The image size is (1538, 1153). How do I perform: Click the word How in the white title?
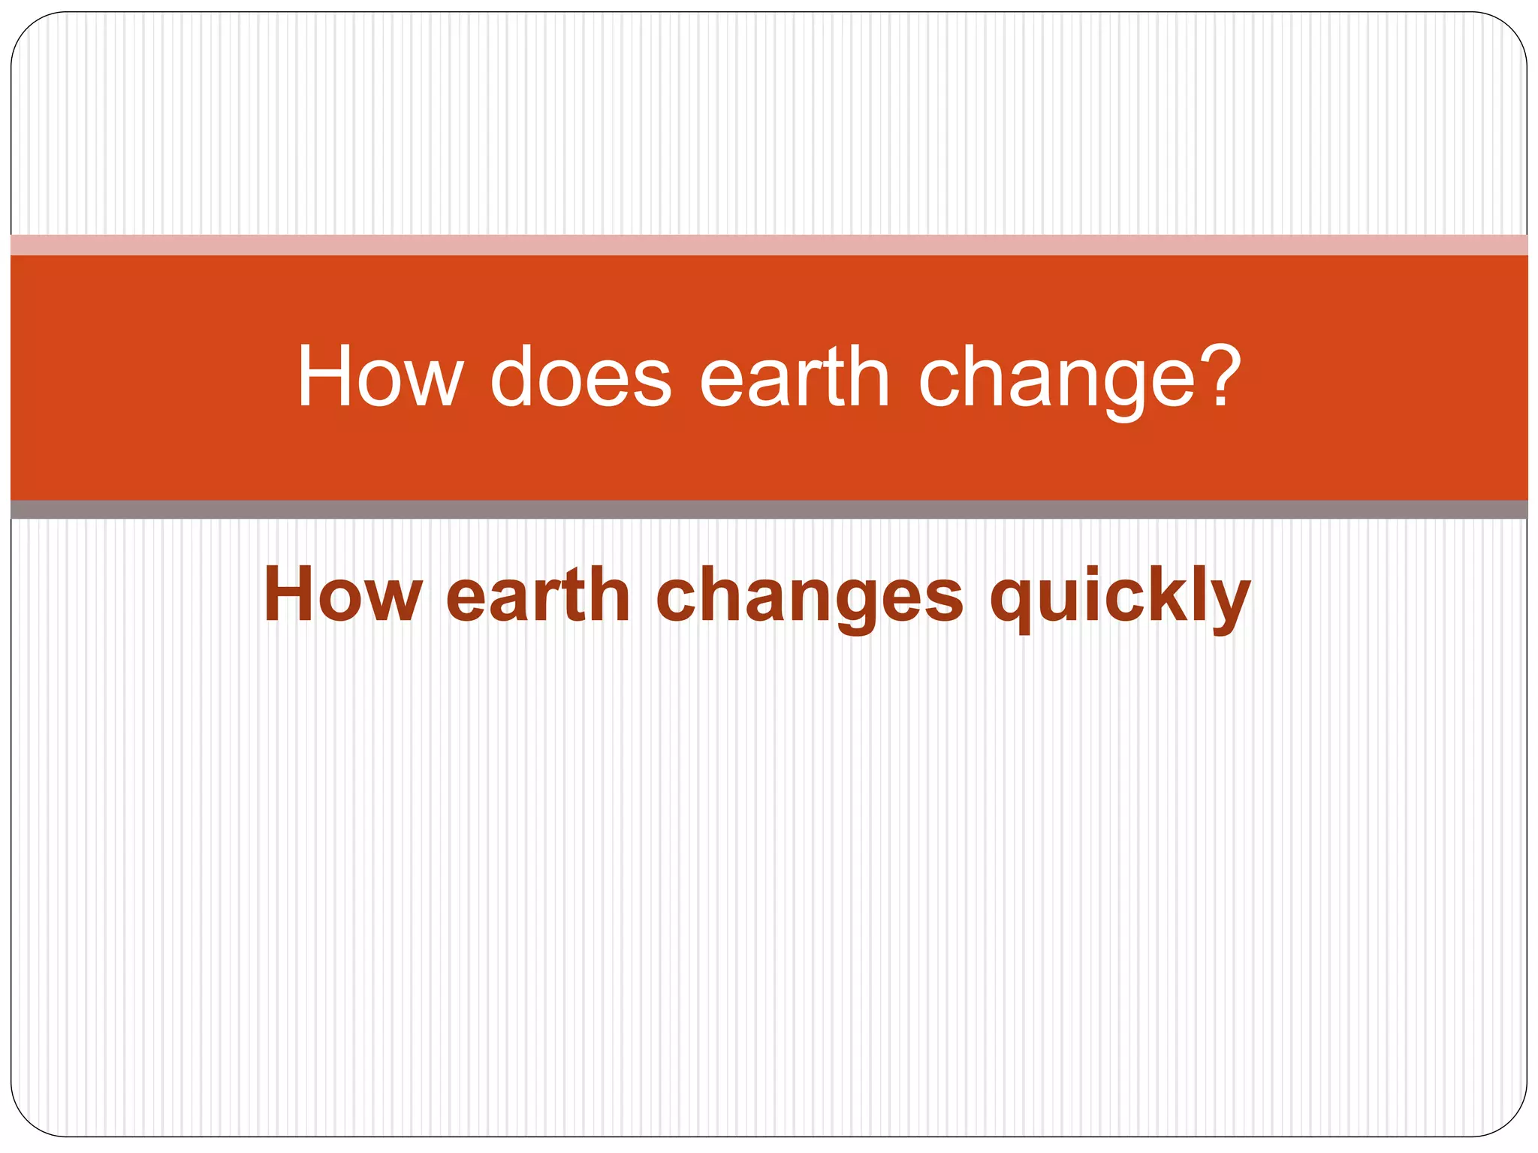(380, 377)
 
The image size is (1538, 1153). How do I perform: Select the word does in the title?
(581, 377)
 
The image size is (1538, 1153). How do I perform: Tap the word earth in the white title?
(794, 377)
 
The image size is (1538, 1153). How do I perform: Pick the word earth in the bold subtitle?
(538, 595)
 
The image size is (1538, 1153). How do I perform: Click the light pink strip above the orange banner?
(769, 245)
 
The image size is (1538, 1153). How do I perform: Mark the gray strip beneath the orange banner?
(769, 510)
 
